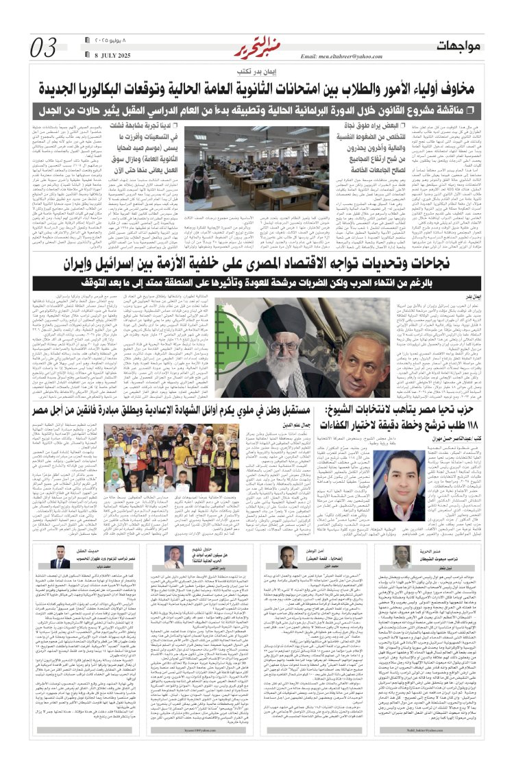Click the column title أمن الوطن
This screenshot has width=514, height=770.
tap(304, 550)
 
